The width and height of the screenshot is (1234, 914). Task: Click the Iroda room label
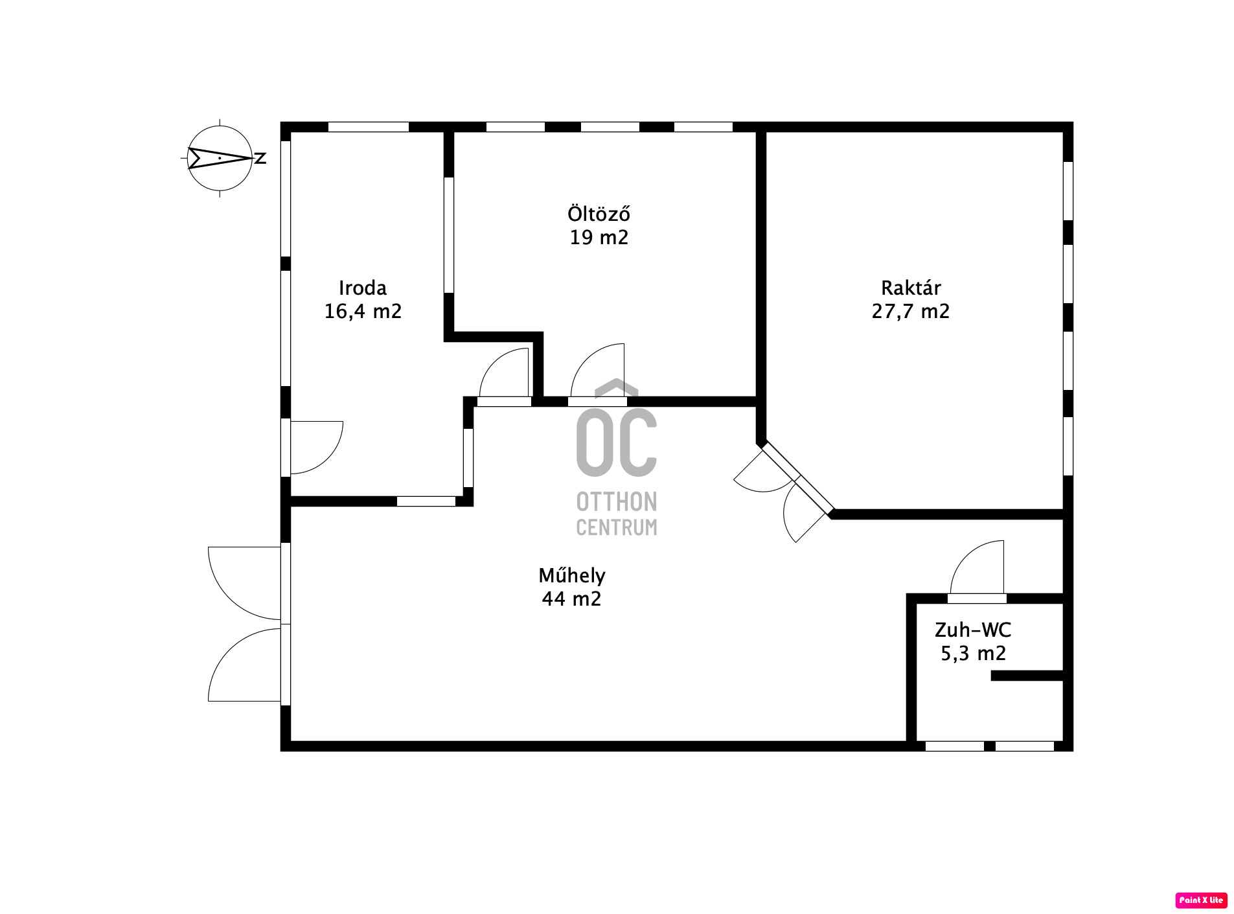(x=363, y=288)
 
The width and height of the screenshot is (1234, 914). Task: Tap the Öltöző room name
(x=599, y=213)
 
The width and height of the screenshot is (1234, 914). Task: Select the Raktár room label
(x=911, y=288)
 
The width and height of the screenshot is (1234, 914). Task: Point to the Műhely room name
(x=572, y=575)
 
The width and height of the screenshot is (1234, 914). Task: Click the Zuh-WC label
(x=973, y=630)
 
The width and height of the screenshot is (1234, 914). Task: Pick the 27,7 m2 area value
(x=911, y=312)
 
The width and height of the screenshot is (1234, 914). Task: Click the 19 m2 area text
(x=599, y=238)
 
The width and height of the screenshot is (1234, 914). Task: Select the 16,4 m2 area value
(x=363, y=312)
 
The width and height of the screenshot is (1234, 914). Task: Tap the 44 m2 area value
(x=571, y=599)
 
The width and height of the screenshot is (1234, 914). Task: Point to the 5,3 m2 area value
(x=973, y=654)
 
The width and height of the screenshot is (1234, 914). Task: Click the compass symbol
(x=220, y=158)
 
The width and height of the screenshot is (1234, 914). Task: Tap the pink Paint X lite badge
(x=1201, y=900)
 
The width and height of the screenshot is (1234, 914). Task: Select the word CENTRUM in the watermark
(x=617, y=527)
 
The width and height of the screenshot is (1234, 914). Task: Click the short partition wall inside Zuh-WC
(x=1027, y=676)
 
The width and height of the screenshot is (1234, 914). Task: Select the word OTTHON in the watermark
(x=617, y=502)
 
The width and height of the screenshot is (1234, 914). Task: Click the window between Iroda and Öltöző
(x=448, y=235)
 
